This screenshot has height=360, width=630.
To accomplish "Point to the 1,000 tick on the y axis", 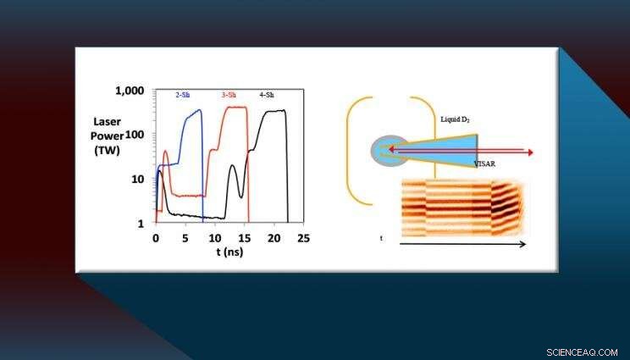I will tap(130, 90).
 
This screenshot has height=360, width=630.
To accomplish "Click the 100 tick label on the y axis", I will tap(135, 135).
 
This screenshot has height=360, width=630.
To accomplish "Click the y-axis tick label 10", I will tap(139, 180).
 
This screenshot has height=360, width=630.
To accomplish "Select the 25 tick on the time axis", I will tap(303, 240).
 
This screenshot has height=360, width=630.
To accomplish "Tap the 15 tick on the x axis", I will tap(245, 240).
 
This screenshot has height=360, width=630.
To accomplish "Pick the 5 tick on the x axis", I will tap(185, 240).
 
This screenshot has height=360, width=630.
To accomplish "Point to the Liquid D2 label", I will tap(456, 119).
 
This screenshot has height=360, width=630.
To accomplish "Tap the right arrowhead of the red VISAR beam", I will tap(530, 152).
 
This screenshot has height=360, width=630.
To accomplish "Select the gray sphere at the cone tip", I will tap(384, 152).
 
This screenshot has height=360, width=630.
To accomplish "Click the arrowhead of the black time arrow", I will tap(522, 244).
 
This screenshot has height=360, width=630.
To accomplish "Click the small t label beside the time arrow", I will tap(382, 239).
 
